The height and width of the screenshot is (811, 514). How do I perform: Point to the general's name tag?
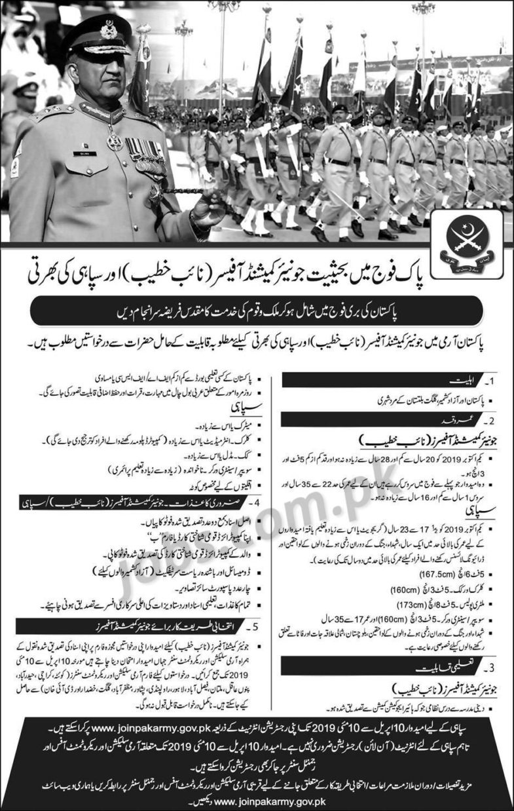(x=88, y=153)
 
